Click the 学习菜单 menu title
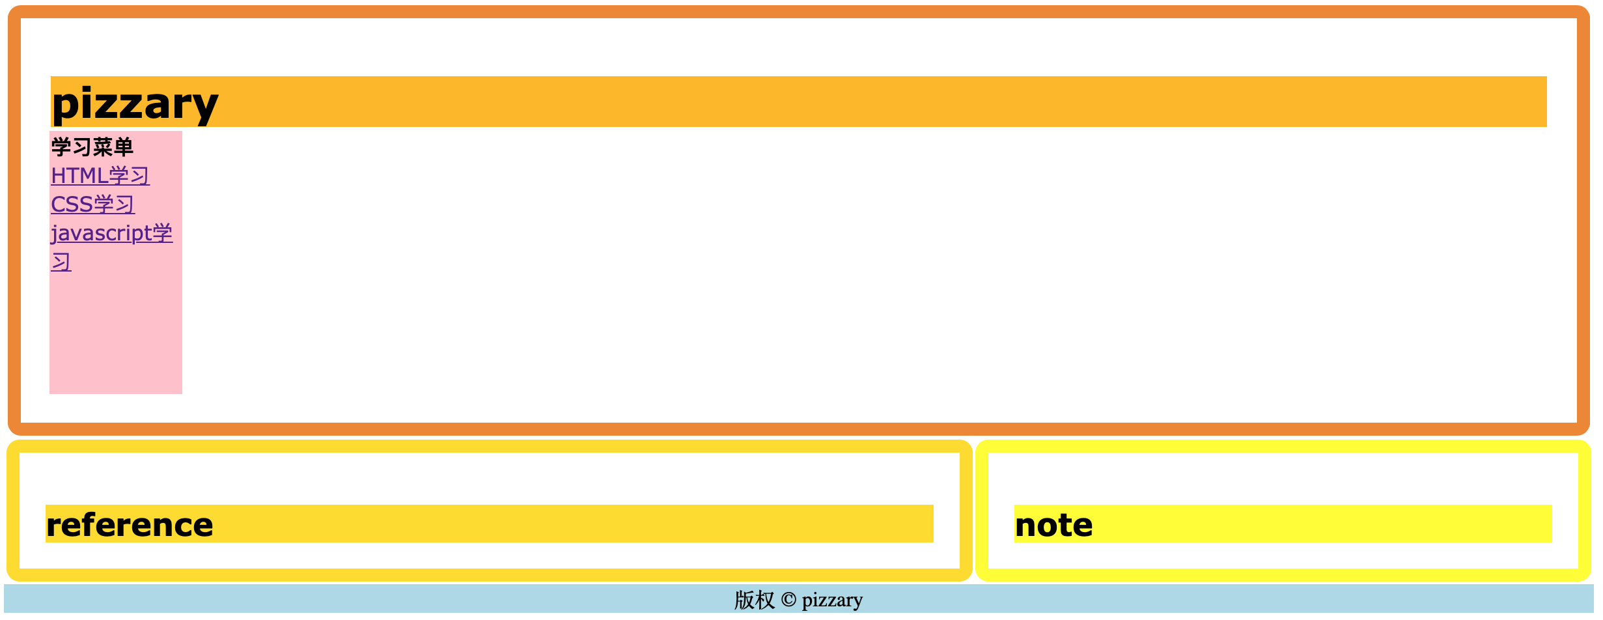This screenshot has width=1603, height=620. [x=92, y=147]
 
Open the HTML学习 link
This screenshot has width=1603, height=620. [x=100, y=176]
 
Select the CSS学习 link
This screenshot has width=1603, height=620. [x=92, y=204]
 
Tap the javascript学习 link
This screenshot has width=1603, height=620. [x=111, y=233]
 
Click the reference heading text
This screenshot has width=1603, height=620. [x=130, y=525]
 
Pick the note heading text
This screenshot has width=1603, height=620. [x=1053, y=525]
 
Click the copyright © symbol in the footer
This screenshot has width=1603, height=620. [x=788, y=600]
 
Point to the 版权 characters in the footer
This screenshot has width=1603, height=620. [x=754, y=600]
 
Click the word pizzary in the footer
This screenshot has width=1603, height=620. [x=832, y=600]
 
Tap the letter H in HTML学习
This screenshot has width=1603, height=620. [x=57, y=176]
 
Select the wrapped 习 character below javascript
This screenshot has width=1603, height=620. [x=61, y=262]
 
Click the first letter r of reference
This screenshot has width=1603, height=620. [x=51, y=526]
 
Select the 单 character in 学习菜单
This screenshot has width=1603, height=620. [x=124, y=147]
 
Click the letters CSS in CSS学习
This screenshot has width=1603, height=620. [x=72, y=204]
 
